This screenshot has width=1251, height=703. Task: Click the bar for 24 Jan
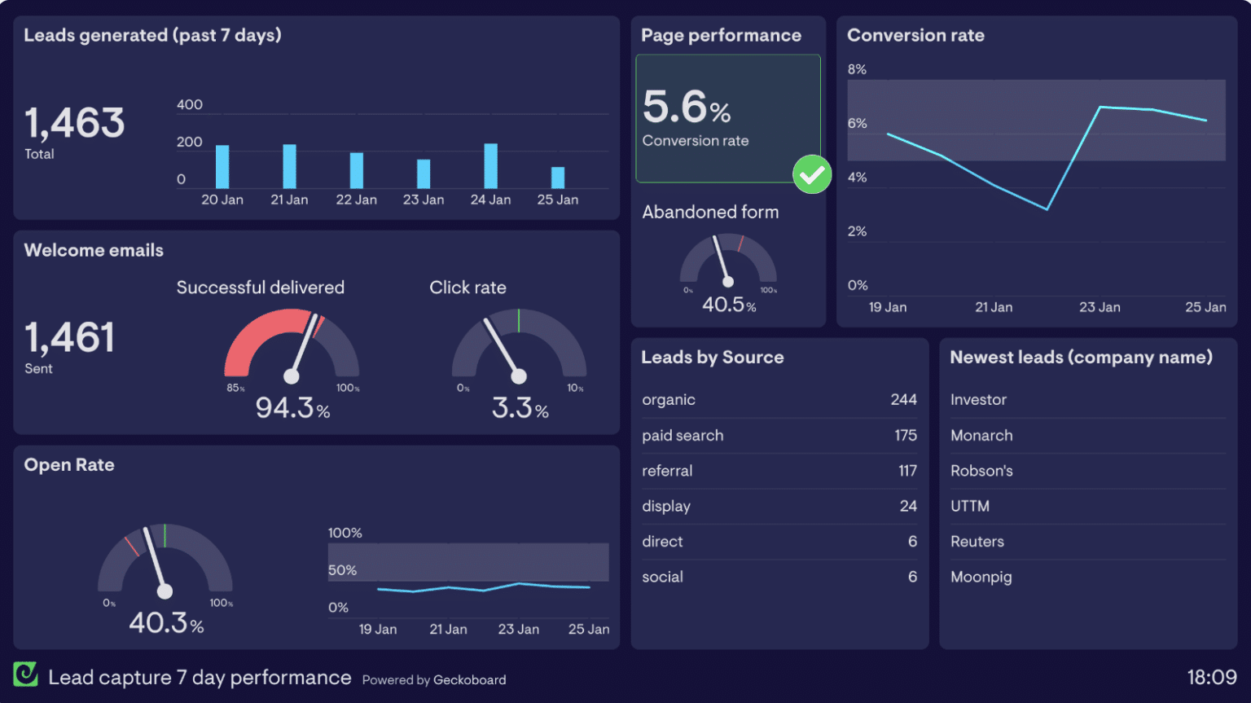pos(490,166)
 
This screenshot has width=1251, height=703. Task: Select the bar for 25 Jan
pos(557,178)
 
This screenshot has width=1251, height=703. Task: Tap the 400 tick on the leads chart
pos(189,104)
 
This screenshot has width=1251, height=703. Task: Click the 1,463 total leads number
pos(74,122)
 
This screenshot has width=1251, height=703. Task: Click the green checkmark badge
pos(811,174)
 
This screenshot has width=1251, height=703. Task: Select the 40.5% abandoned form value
pos(728,305)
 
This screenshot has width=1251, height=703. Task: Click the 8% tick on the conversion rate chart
pos(857,69)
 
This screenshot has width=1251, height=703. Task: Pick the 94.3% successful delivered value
pos(292,407)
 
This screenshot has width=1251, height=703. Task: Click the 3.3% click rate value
pos(520,407)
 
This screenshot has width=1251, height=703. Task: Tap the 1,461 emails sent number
pos(70,336)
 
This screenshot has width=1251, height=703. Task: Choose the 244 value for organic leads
pos(903,400)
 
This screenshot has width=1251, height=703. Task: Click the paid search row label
pos(683,436)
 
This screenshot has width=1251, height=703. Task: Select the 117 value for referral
pos(907,471)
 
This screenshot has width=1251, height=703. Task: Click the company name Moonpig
pos(981,578)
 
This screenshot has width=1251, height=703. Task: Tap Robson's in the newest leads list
pos(981,471)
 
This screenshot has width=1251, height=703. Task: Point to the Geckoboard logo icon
pos(25,674)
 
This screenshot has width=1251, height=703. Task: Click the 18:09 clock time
pos(1211,677)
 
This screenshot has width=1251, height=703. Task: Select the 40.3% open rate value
pos(166,622)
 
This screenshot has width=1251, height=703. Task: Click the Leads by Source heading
pos(712,358)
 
